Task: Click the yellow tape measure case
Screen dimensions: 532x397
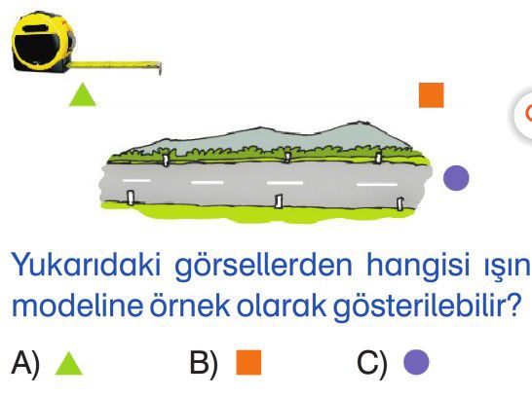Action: (43, 42)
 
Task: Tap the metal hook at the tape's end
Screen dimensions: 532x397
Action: (159, 68)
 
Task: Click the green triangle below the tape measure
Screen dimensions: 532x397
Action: (83, 94)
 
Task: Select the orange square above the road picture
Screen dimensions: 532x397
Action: (432, 94)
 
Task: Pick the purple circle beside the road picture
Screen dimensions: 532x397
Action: (456, 178)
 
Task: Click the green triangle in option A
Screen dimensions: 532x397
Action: (69, 363)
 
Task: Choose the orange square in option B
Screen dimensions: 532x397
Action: (248, 362)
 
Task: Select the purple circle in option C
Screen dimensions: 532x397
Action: (416, 362)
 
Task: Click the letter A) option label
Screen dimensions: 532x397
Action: (25, 363)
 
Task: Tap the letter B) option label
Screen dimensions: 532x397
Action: (204, 363)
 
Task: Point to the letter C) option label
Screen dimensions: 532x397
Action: (372, 363)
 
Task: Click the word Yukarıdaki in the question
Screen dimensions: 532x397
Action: (86, 265)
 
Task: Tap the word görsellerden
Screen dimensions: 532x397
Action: (264, 266)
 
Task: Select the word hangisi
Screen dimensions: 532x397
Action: (418, 266)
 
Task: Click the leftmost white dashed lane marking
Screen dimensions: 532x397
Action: (136, 181)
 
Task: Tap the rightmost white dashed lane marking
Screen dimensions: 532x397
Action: (377, 185)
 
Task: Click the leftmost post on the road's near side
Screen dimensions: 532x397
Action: (131, 198)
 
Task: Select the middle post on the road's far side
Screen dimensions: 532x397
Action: (287, 157)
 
